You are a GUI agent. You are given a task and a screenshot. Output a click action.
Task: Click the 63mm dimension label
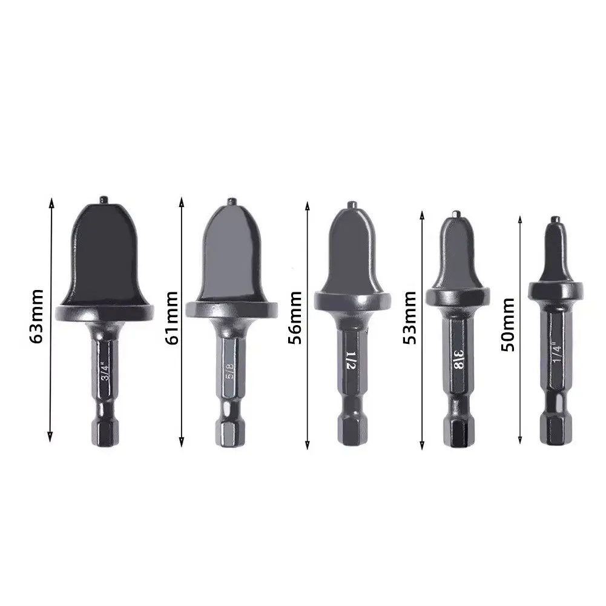[x=36, y=316]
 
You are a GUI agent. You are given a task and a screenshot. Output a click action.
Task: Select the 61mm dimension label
[x=171, y=318]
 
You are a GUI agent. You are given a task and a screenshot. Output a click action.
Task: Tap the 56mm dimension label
[x=294, y=318]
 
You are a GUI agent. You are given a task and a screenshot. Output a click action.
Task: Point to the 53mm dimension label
[x=410, y=318]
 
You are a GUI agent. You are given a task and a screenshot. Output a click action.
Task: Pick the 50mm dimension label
[x=508, y=324]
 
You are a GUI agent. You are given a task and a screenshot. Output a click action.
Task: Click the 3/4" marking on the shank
[x=105, y=371]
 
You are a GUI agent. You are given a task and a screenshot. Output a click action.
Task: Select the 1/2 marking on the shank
[x=350, y=360]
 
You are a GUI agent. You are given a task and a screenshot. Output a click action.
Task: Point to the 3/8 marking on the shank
[x=459, y=360]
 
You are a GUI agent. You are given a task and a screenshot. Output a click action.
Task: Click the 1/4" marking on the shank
[x=557, y=352]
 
